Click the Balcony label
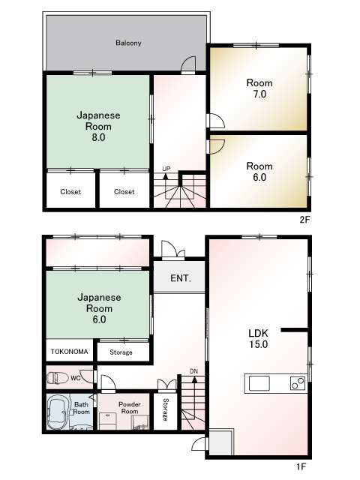coord(128,43)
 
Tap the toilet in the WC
coord(58,377)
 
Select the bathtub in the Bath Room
coord(58,412)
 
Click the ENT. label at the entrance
coord(181,278)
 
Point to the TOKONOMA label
coord(70,352)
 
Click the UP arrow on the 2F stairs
coord(166,177)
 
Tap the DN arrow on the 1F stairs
coord(193,380)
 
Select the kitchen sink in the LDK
coord(259,383)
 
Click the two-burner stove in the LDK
coord(298,383)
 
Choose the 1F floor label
coord(301,466)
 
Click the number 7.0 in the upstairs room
coord(259,94)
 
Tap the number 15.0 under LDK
coord(258,344)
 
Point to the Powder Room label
coord(130,408)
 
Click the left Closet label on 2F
coord(70,192)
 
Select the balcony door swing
coord(188,64)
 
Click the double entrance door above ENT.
coord(173,250)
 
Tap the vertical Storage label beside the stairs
coord(166,409)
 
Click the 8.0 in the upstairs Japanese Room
coord(98,137)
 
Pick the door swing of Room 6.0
coord(216,147)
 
